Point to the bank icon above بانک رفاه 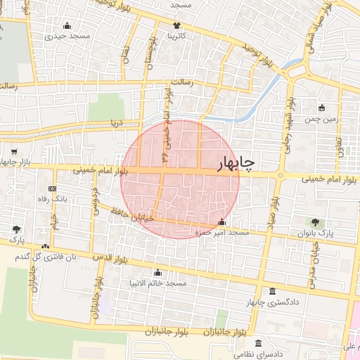52,188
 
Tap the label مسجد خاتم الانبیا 157,283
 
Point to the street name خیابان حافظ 129,216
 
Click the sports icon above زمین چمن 322,108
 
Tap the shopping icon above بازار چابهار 14,150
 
